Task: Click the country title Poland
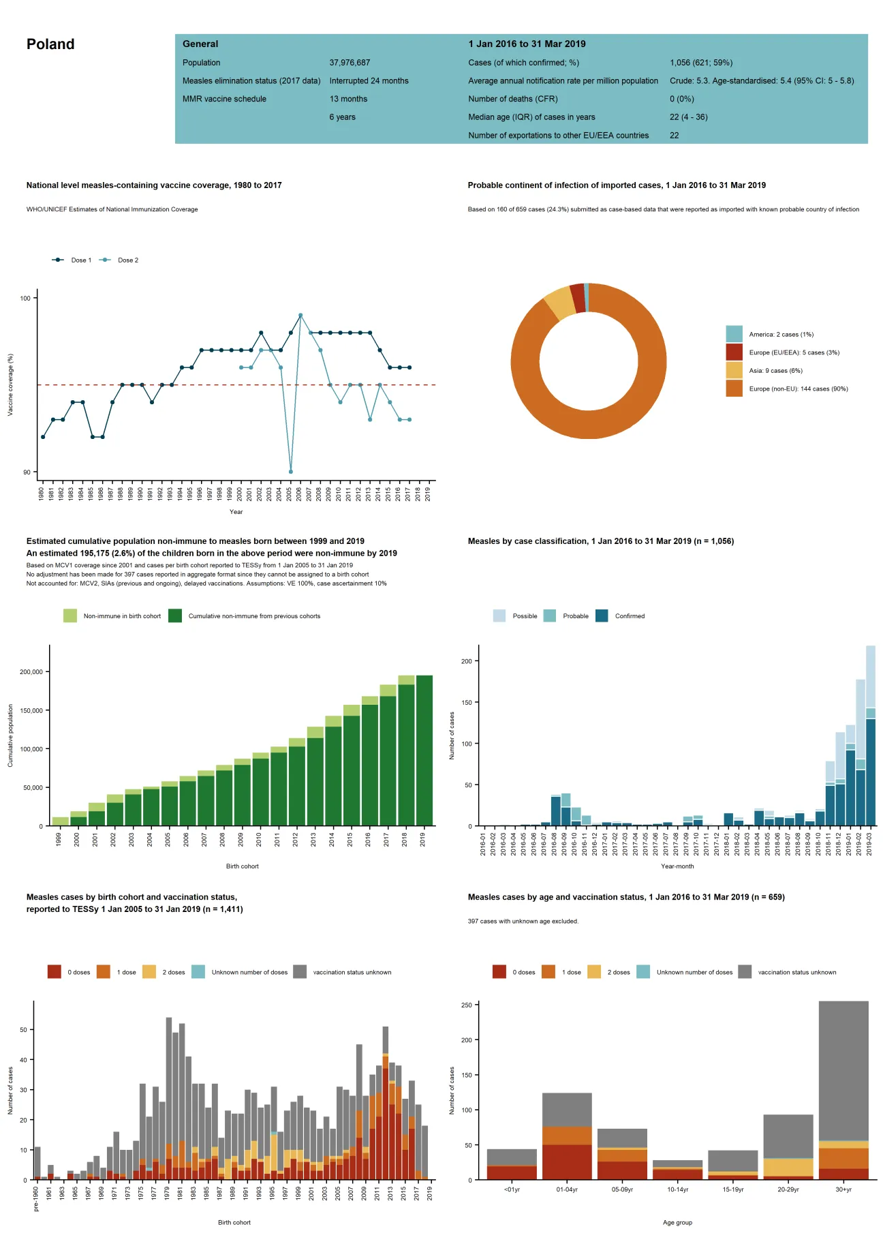[x=50, y=44]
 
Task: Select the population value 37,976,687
[x=350, y=63]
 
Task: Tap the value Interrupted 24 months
[x=369, y=80]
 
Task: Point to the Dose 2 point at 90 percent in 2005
[x=291, y=472]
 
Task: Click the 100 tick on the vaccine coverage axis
[x=25, y=299]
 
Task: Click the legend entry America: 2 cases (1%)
[x=781, y=335]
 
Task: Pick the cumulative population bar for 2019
[x=424, y=750]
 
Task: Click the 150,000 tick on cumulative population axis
[x=31, y=710]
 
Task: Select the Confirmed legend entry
[x=629, y=616]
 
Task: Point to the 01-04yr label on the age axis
[x=567, y=1189]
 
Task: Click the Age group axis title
[x=677, y=1222]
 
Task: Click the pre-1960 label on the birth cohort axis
[x=36, y=1199]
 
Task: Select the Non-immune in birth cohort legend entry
[x=121, y=616]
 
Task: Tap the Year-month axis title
[x=677, y=866]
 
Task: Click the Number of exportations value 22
[x=674, y=136]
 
